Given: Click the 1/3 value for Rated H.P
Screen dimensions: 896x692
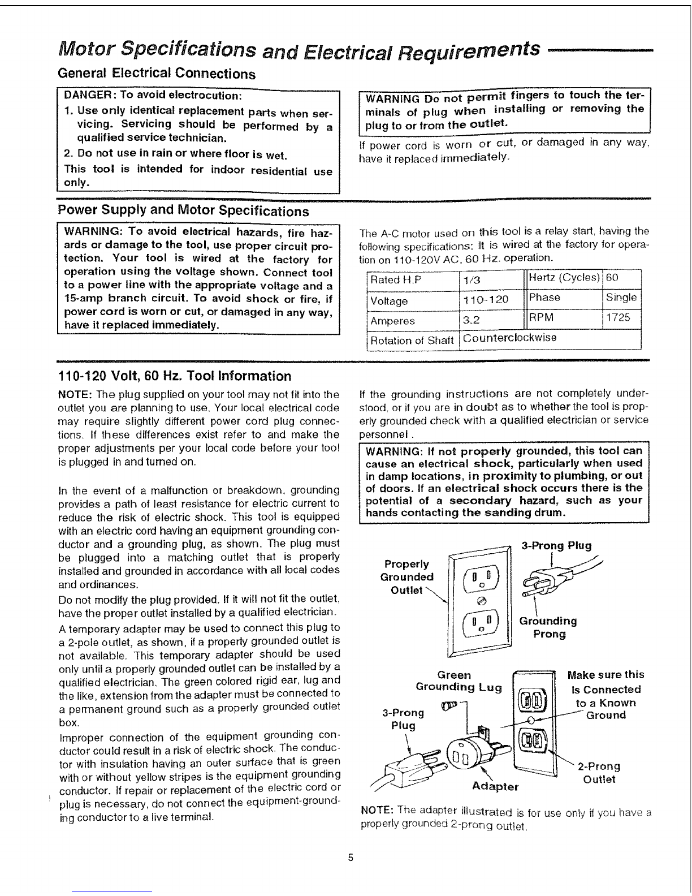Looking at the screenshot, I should pyautogui.click(x=469, y=281).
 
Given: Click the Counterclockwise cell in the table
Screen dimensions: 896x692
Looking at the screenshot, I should pyautogui.click(x=509, y=338).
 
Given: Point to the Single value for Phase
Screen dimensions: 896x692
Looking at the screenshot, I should pyautogui.click(x=621, y=298).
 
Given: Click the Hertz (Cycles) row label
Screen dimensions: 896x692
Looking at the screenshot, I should pyautogui.click(x=564, y=278).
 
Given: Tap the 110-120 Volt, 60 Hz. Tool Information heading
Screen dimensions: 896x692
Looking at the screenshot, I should pyautogui.click(x=175, y=376).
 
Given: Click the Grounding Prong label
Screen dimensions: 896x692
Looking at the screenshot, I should pyautogui.click(x=548, y=627).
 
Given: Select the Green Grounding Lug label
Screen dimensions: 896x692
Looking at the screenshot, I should pyautogui.click(x=458, y=681).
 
